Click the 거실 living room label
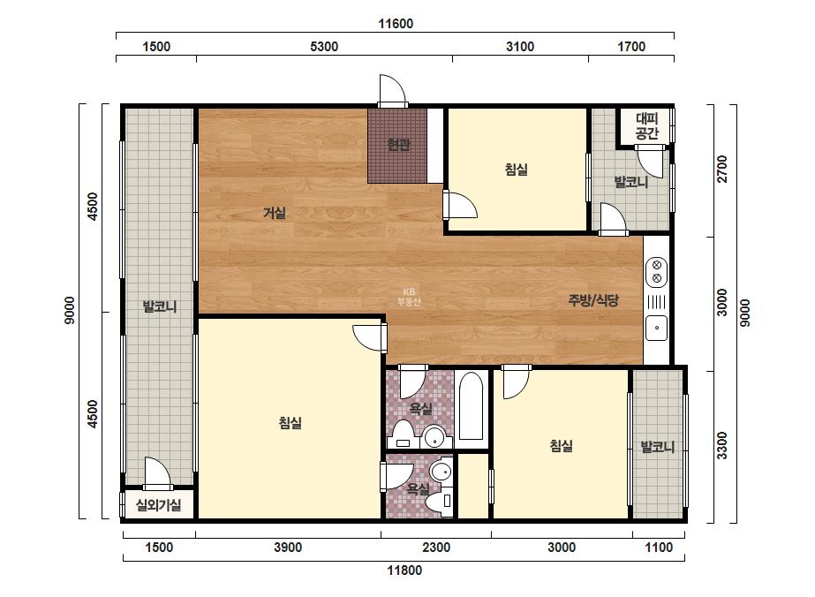pos(275,213)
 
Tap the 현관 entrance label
pos(398,145)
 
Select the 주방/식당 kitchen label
pos(593,300)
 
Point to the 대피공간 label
pos(647,126)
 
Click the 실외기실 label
pos(159,504)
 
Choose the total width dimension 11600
pos(396,23)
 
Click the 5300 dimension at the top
pos(324,46)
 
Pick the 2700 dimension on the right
pos(722,169)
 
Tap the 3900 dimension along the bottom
pos(288,547)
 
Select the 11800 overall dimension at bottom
pos(404,570)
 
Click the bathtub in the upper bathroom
pos(472,406)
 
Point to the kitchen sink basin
pos(656,329)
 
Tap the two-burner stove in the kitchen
pos(656,271)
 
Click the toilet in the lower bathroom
pos(439,502)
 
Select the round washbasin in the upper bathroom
pos(434,437)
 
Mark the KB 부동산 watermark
pos(409,297)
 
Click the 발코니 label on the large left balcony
pos(160,306)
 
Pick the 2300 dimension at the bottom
pos(436,547)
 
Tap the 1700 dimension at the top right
pos(631,46)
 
